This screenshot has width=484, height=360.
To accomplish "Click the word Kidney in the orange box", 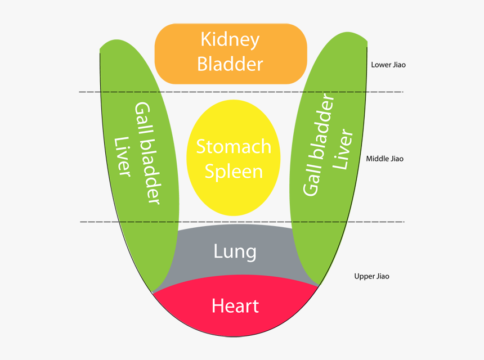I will point(230,39).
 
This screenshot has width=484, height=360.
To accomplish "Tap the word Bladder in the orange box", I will point(230,64).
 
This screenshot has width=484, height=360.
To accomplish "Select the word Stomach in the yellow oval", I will point(234,147).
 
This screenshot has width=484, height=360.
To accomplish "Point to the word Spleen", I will point(234,172).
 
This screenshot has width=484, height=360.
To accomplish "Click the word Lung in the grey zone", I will point(235,251).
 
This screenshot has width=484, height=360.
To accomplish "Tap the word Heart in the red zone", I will point(235,305).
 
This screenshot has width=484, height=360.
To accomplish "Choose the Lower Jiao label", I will point(388,65).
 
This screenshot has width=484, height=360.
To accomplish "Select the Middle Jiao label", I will point(384,159).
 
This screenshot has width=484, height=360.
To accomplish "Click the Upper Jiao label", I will point(371,276).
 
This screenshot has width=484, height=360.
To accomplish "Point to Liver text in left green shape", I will point(123,156).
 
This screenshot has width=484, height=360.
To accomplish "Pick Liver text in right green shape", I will point(343,150).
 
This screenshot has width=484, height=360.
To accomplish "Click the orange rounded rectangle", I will point(169,53).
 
